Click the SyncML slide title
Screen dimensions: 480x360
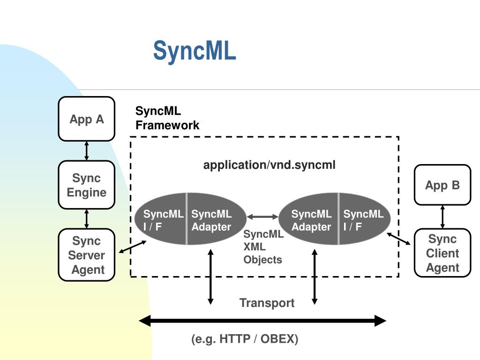point(195,51)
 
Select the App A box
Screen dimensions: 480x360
point(87,119)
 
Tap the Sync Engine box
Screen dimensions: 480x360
point(87,185)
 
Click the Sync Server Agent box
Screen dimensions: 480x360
point(87,255)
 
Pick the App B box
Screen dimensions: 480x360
point(442,185)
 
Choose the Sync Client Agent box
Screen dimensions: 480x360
point(442,253)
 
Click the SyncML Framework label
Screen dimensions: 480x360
point(167,118)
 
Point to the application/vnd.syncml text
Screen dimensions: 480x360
point(270,165)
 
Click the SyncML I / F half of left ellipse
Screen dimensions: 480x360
point(160,219)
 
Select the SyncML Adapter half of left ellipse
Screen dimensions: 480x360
point(216,219)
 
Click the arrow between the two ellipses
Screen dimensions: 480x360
point(262,217)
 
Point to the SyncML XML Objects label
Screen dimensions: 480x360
point(263,247)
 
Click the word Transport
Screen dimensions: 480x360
point(267,303)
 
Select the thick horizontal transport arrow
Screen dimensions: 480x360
point(262,321)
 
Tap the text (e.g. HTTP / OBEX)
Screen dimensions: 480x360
point(245,339)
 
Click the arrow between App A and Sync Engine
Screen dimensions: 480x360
point(87,151)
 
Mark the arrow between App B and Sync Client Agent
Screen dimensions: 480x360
point(442,217)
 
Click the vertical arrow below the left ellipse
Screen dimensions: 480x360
point(210,277)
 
